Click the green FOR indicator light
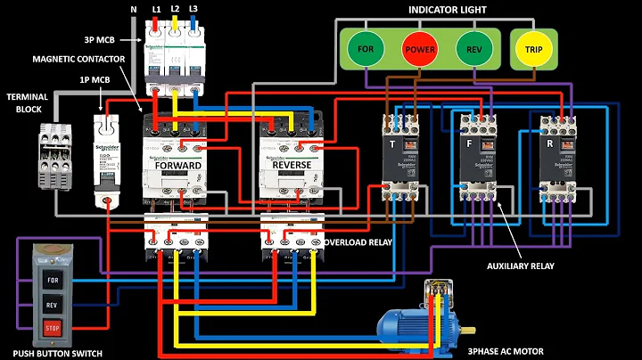(366, 47)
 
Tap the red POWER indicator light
(419, 47)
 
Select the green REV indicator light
(473, 47)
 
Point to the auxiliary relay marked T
(393, 156)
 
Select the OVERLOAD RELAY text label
(358, 241)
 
